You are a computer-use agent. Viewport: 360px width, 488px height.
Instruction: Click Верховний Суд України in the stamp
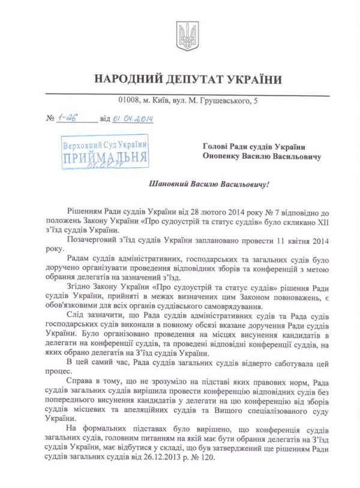pyautogui.click(x=106, y=144)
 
